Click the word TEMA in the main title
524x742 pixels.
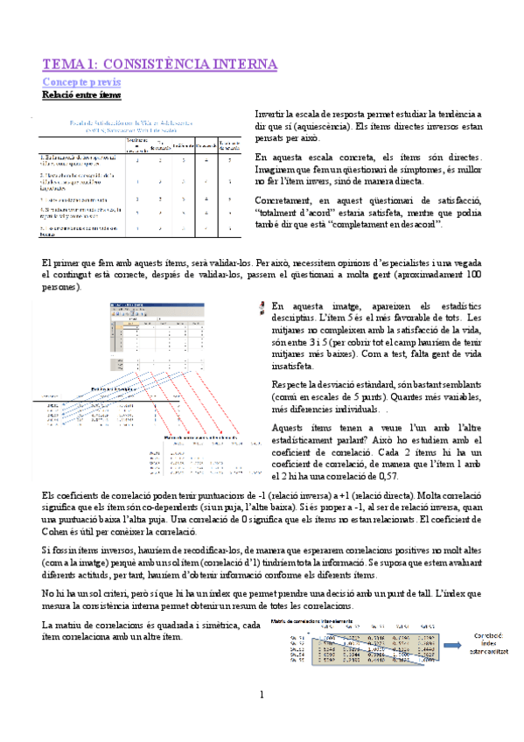click(63, 65)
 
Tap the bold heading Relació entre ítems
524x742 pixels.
click(81, 94)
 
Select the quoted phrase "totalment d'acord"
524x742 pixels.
click(290, 211)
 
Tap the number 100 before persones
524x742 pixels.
click(472, 275)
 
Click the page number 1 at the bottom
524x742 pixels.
click(261, 695)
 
